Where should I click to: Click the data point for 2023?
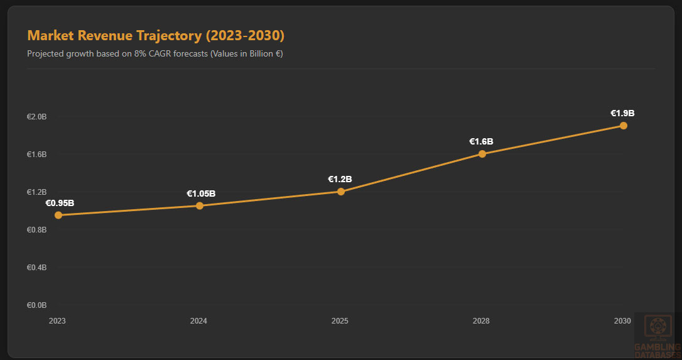pyautogui.click(x=58, y=215)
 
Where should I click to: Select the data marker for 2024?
pyautogui.click(x=200, y=205)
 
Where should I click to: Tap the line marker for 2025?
pyautogui.click(x=341, y=192)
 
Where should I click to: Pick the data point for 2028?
pyautogui.click(x=482, y=154)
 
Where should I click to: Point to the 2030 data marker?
pyautogui.click(x=624, y=126)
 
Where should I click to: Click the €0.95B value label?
pyautogui.click(x=60, y=203)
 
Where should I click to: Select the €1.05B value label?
pyautogui.click(x=201, y=194)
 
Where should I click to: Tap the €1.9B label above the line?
pyautogui.click(x=622, y=113)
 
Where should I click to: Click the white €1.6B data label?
pyautogui.click(x=481, y=141)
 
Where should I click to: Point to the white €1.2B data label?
pyautogui.click(x=340, y=179)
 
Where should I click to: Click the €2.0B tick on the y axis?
pyautogui.click(x=36, y=117)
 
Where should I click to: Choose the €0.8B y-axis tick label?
pyautogui.click(x=36, y=230)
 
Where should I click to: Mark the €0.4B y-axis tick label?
pyautogui.click(x=36, y=268)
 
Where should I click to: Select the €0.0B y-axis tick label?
pyautogui.click(x=36, y=305)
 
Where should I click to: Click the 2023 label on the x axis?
pyautogui.click(x=57, y=321)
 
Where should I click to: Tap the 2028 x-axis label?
pyautogui.click(x=481, y=321)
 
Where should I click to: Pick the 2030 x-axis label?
pyautogui.click(x=622, y=321)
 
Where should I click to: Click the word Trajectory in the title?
pyautogui.click(x=168, y=35)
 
